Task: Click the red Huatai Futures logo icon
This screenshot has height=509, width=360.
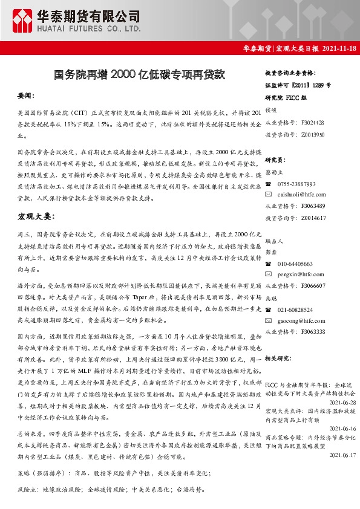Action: pyautogui.click(x=22, y=21)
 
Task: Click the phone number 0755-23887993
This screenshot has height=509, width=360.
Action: pyautogui.click(x=297, y=184)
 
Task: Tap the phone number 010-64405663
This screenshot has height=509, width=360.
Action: pyautogui.click(x=295, y=264)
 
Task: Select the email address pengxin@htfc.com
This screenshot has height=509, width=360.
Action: pyautogui.click(x=298, y=275)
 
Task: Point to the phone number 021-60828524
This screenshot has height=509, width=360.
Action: pyautogui.click(x=295, y=310)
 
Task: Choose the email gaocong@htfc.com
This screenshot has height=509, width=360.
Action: pyautogui.click(x=298, y=320)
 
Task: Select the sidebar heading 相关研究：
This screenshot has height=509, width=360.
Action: pyautogui.click(x=279, y=358)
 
